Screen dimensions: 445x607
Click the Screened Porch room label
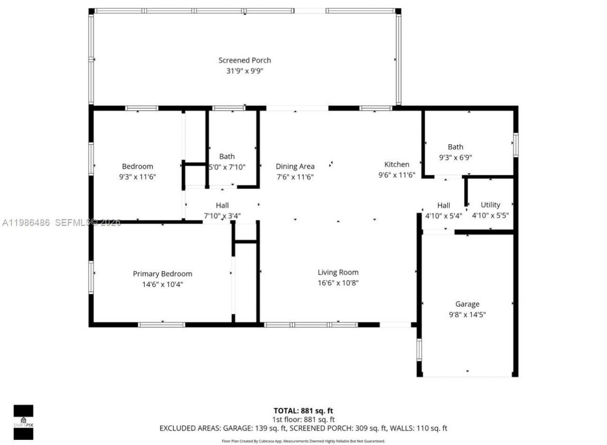245,60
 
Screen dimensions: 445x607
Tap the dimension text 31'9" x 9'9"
245,71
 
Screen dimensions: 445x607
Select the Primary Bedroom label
162,274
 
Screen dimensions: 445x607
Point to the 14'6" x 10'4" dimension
162,284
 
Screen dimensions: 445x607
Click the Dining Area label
295,166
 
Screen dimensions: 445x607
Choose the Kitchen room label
396,164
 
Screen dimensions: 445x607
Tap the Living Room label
338,272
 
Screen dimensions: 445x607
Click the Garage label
467,304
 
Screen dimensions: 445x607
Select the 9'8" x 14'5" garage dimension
467,314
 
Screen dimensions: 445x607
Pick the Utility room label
490,205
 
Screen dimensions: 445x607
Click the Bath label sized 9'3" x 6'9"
455,147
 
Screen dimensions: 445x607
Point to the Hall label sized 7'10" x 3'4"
222,205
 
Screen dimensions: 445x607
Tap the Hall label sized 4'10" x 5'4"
443,205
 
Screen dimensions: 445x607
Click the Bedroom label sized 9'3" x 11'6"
138,166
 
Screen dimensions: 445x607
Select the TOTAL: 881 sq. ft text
303,410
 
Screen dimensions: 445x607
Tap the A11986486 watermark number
26,222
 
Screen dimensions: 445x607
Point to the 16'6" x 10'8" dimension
338,283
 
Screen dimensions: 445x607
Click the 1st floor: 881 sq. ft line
303,419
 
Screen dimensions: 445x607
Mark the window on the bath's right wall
515,145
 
